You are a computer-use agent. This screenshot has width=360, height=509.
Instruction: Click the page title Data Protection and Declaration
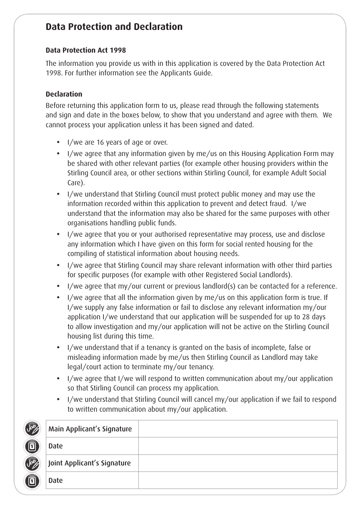coord(114,27)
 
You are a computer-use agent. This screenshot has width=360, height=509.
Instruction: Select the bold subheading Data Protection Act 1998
coord(86,50)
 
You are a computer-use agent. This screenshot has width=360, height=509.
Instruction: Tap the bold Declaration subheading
coord(64,94)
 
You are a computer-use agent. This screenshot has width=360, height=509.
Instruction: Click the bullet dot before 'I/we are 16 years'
coord(58,142)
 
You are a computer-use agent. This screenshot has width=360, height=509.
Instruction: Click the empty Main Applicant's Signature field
coord(238,429)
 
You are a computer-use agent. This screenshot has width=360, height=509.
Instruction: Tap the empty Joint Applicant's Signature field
coord(238,463)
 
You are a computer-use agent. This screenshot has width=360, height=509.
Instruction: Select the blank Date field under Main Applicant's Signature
coord(238,446)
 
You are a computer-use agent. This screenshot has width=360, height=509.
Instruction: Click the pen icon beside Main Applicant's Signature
coord(32,429)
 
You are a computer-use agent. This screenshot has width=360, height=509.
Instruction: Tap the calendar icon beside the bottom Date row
coord(32,481)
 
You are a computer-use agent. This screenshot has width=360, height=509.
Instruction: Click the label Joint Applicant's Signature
coord(89,463)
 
